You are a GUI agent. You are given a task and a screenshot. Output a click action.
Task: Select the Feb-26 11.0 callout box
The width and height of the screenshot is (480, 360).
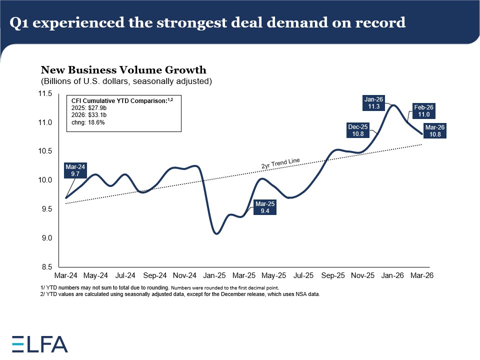point(424,110)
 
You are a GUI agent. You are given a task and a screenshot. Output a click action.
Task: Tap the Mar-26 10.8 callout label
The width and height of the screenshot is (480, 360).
point(434,130)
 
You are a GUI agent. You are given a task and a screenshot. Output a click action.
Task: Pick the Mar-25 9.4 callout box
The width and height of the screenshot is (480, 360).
point(264,207)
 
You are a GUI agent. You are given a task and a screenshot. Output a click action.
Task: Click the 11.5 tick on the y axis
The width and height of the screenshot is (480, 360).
point(45,93)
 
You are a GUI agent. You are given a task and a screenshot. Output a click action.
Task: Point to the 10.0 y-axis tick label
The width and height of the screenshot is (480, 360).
point(45,180)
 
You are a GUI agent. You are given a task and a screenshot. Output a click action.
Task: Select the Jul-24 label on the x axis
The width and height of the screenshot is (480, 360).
point(125,275)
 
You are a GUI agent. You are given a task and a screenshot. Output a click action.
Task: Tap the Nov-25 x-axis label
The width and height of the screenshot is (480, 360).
point(363,275)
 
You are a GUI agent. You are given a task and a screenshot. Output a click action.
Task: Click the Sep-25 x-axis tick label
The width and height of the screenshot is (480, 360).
point(333,275)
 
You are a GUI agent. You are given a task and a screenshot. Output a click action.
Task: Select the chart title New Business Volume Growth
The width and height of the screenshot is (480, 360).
point(123,70)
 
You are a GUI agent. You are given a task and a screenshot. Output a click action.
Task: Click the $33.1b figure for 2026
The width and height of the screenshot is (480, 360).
point(98,114)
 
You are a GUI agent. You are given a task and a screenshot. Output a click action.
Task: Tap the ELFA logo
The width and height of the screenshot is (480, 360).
point(40,343)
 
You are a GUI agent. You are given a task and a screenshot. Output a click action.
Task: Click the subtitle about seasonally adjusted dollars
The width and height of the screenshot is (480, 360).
point(126,81)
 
